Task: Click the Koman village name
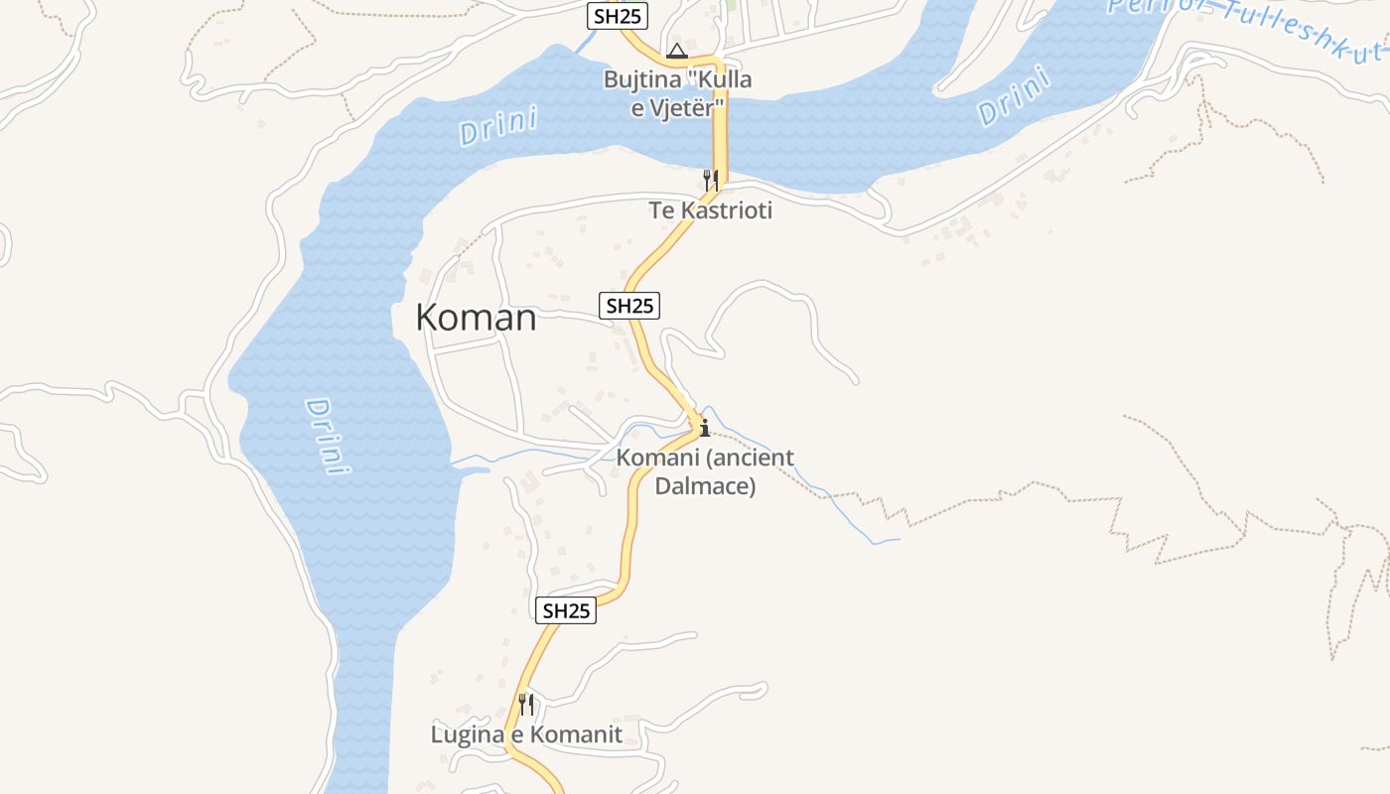click(x=476, y=318)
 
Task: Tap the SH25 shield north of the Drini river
click(x=617, y=16)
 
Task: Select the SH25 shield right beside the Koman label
click(x=630, y=306)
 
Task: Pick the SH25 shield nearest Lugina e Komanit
click(x=567, y=610)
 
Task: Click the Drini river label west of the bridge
click(x=498, y=127)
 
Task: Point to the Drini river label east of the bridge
click(x=1014, y=96)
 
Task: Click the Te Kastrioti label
click(x=710, y=210)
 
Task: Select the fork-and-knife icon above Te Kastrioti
click(x=710, y=180)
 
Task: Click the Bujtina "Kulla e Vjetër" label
click(x=678, y=93)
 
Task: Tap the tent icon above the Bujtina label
click(x=677, y=51)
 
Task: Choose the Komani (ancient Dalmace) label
click(x=705, y=471)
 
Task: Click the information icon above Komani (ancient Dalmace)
click(x=704, y=429)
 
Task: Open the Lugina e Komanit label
click(x=526, y=734)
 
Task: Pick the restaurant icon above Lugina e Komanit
click(x=526, y=705)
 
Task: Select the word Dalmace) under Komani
click(x=705, y=486)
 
